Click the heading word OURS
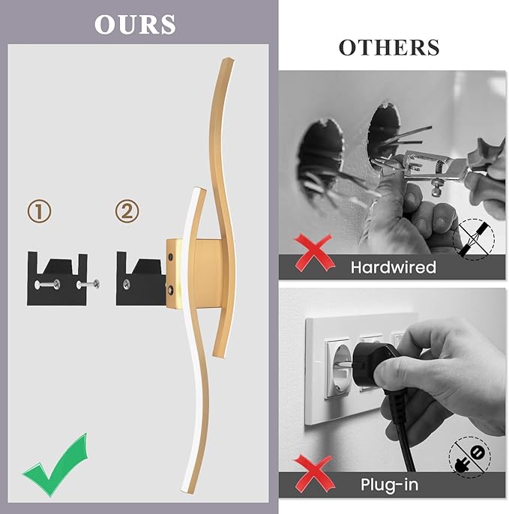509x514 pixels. point(135,24)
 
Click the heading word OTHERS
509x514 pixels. point(389,47)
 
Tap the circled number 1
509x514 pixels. point(39,211)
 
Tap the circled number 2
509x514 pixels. point(127,211)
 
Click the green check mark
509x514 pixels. point(55,465)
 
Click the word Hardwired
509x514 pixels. point(394,267)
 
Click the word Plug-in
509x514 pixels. point(390,485)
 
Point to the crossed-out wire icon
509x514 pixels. point(473,239)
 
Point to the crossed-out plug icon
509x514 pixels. point(469,457)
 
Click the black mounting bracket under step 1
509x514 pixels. point(58,279)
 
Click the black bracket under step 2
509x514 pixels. point(141,279)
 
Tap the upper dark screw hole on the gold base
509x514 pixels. point(170,257)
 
